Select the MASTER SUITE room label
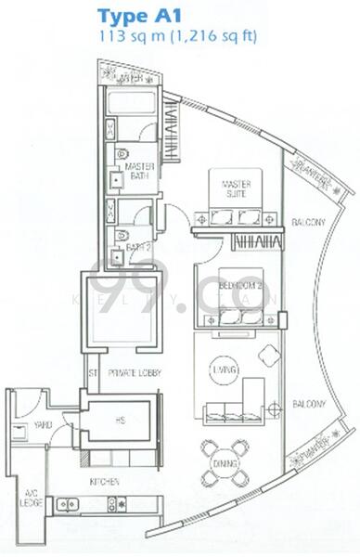coord(237,189)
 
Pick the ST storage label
coord(92,373)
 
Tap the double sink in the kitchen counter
coord(68,505)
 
